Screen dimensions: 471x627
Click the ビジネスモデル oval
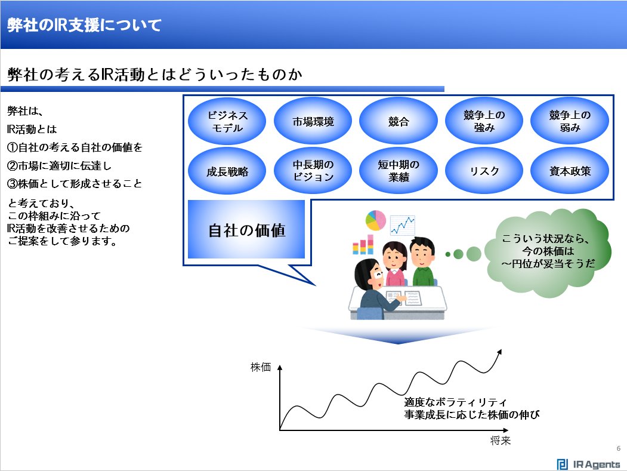[x=227, y=121]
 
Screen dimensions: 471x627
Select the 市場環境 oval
[x=313, y=121]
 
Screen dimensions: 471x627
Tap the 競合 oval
[x=399, y=121]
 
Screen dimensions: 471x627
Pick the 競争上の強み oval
[x=484, y=121]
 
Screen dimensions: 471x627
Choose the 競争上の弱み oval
[x=570, y=121]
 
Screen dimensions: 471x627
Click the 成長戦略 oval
[x=227, y=171]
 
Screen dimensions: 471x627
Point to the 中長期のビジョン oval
[x=313, y=171]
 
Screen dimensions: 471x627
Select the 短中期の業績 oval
[x=399, y=171]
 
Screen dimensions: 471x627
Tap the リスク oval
[x=484, y=171]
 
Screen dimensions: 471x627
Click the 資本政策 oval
[x=570, y=171]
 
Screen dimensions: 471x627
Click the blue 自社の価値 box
[x=246, y=230]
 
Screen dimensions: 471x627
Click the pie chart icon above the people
[x=376, y=220]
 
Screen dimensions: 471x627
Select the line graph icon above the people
[x=403, y=226]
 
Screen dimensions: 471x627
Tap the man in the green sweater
[x=423, y=263]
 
